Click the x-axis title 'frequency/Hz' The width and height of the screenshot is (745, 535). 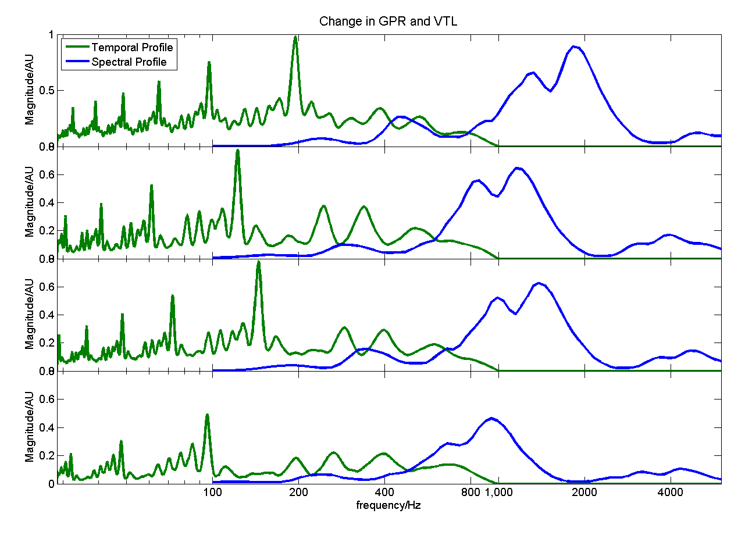coord(388,505)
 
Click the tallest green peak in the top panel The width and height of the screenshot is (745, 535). coord(295,37)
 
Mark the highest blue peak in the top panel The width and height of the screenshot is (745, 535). coord(575,47)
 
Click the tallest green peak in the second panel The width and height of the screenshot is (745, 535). coord(237,151)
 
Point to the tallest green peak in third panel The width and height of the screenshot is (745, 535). coord(258,262)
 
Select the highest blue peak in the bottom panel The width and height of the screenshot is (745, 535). coord(492,418)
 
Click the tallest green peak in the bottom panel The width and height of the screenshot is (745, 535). coord(207,415)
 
